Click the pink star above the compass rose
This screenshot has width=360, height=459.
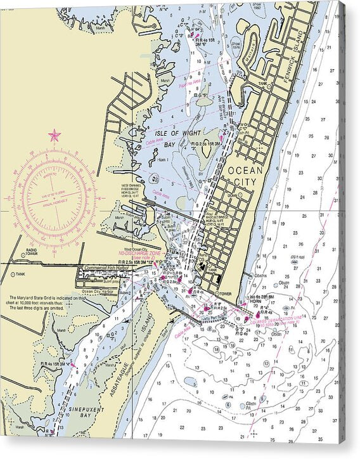[x=54, y=135]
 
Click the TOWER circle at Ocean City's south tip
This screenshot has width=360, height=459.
[x=217, y=294]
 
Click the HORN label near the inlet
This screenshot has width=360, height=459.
[x=254, y=302]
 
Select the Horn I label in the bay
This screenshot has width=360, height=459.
[x=162, y=160]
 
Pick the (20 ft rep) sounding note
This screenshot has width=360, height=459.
[x=298, y=257]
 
